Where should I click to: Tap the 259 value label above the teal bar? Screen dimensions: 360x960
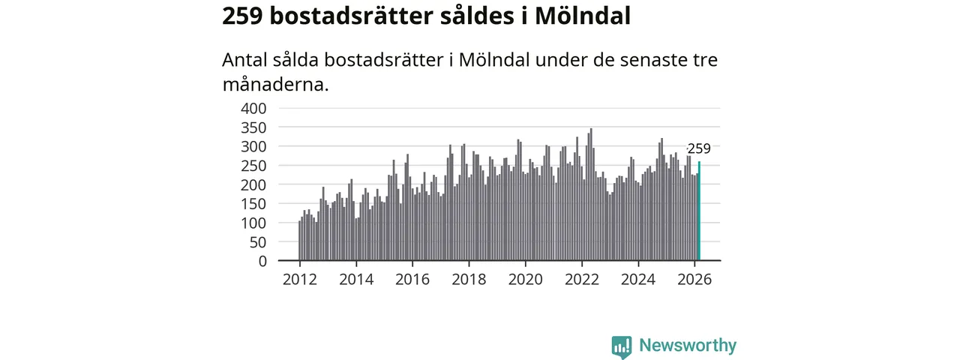[x=699, y=148]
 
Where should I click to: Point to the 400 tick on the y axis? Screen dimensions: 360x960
[x=253, y=108]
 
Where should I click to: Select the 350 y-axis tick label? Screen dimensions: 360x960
[x=253, y=127]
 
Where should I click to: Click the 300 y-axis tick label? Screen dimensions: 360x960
[x=253, y=146]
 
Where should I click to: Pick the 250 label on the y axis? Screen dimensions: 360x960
[x=253, y=166]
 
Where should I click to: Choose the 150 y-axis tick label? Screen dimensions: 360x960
[x=253, y=204]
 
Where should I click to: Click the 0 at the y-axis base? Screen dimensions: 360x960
[x=262, y=262]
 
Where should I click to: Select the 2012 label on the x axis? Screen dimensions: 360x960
[x=299, y=280]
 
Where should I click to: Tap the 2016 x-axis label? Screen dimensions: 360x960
[x=412, y=280]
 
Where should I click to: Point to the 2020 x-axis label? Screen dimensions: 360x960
[x=525, y=280]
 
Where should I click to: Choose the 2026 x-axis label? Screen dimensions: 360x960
[x=694, y=280]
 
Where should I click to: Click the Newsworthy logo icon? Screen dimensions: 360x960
[x=621, y=346]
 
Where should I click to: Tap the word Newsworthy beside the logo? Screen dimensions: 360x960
[x=688, y=346]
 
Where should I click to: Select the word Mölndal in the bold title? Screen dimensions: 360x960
[x=583, y=16]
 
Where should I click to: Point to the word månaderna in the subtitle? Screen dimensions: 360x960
[x=276, y=84]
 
